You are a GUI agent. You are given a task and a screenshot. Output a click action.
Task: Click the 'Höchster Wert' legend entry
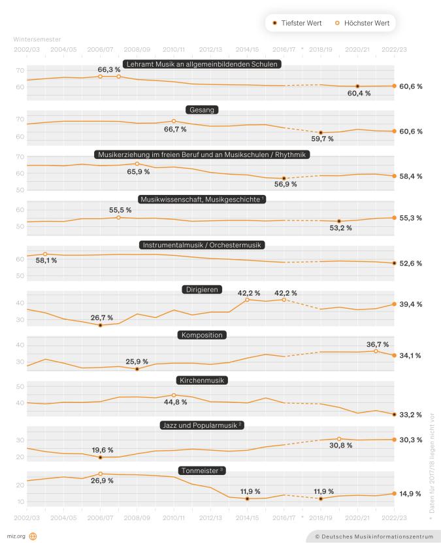coord(367,23)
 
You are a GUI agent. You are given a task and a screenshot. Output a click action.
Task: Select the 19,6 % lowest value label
coord(102,450)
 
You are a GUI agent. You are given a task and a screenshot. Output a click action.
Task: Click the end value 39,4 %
coord(410,304)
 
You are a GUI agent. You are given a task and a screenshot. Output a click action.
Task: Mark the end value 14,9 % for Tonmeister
coord(410,494)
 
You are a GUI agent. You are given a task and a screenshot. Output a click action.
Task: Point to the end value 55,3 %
coord(410,218)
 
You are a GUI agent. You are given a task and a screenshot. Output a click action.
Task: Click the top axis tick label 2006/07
coord(100,48)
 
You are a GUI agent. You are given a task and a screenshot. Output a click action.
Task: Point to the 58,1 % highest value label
coord(46,260)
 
